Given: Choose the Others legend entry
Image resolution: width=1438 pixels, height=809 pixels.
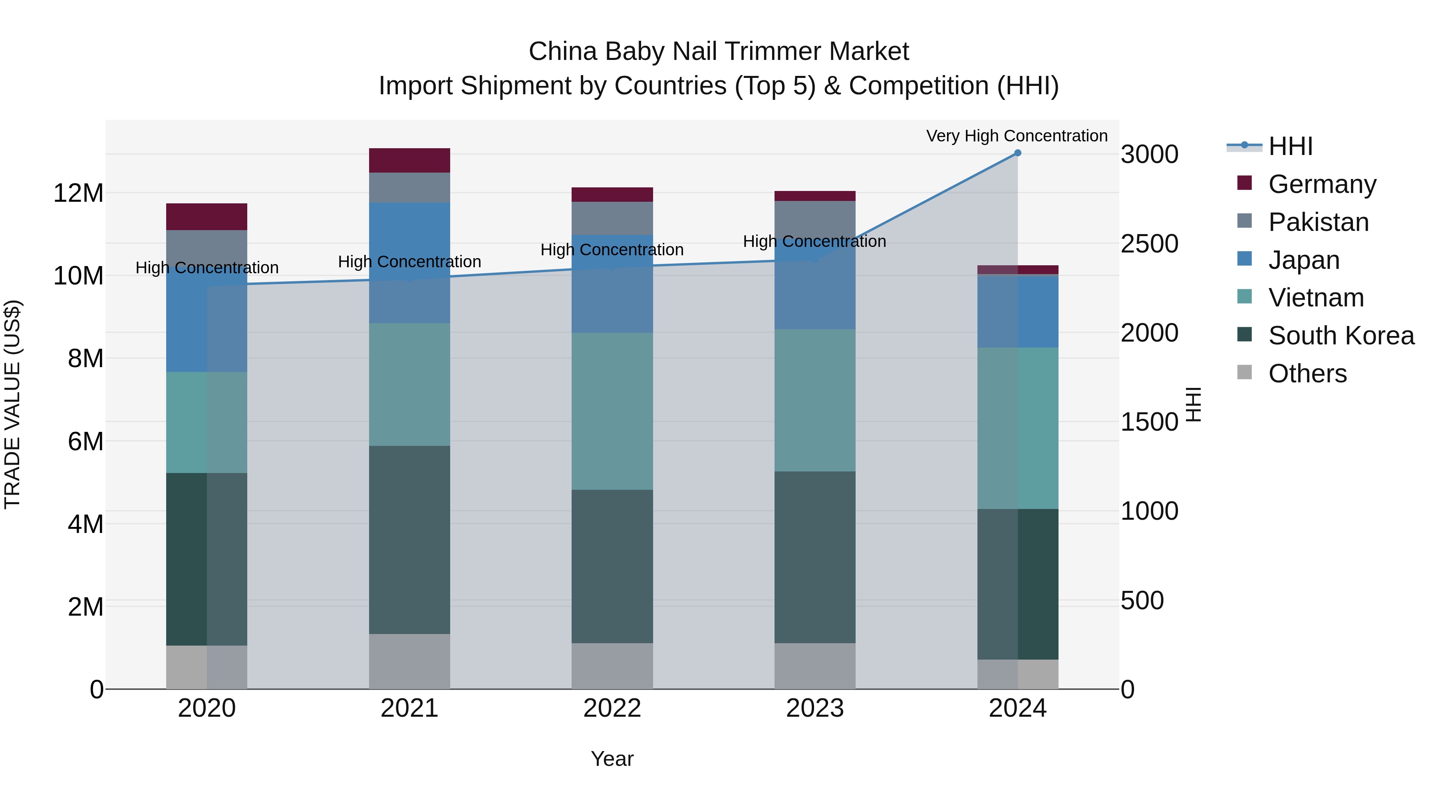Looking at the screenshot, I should (1307, 374).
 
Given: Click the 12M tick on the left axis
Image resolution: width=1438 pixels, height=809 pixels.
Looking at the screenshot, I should (78, 193).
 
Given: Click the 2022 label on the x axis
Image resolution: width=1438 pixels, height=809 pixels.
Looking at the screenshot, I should (612, 708).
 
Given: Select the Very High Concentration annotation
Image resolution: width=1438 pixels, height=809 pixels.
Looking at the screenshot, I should (1017, 136).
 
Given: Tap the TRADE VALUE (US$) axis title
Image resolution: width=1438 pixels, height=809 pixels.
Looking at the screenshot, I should (12, 404).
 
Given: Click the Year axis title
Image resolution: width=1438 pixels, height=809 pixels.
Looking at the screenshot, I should (612, 759).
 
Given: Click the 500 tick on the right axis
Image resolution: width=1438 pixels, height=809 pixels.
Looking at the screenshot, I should (1142, 601).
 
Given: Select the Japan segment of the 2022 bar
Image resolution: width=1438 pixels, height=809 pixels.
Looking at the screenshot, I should (612, 284).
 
